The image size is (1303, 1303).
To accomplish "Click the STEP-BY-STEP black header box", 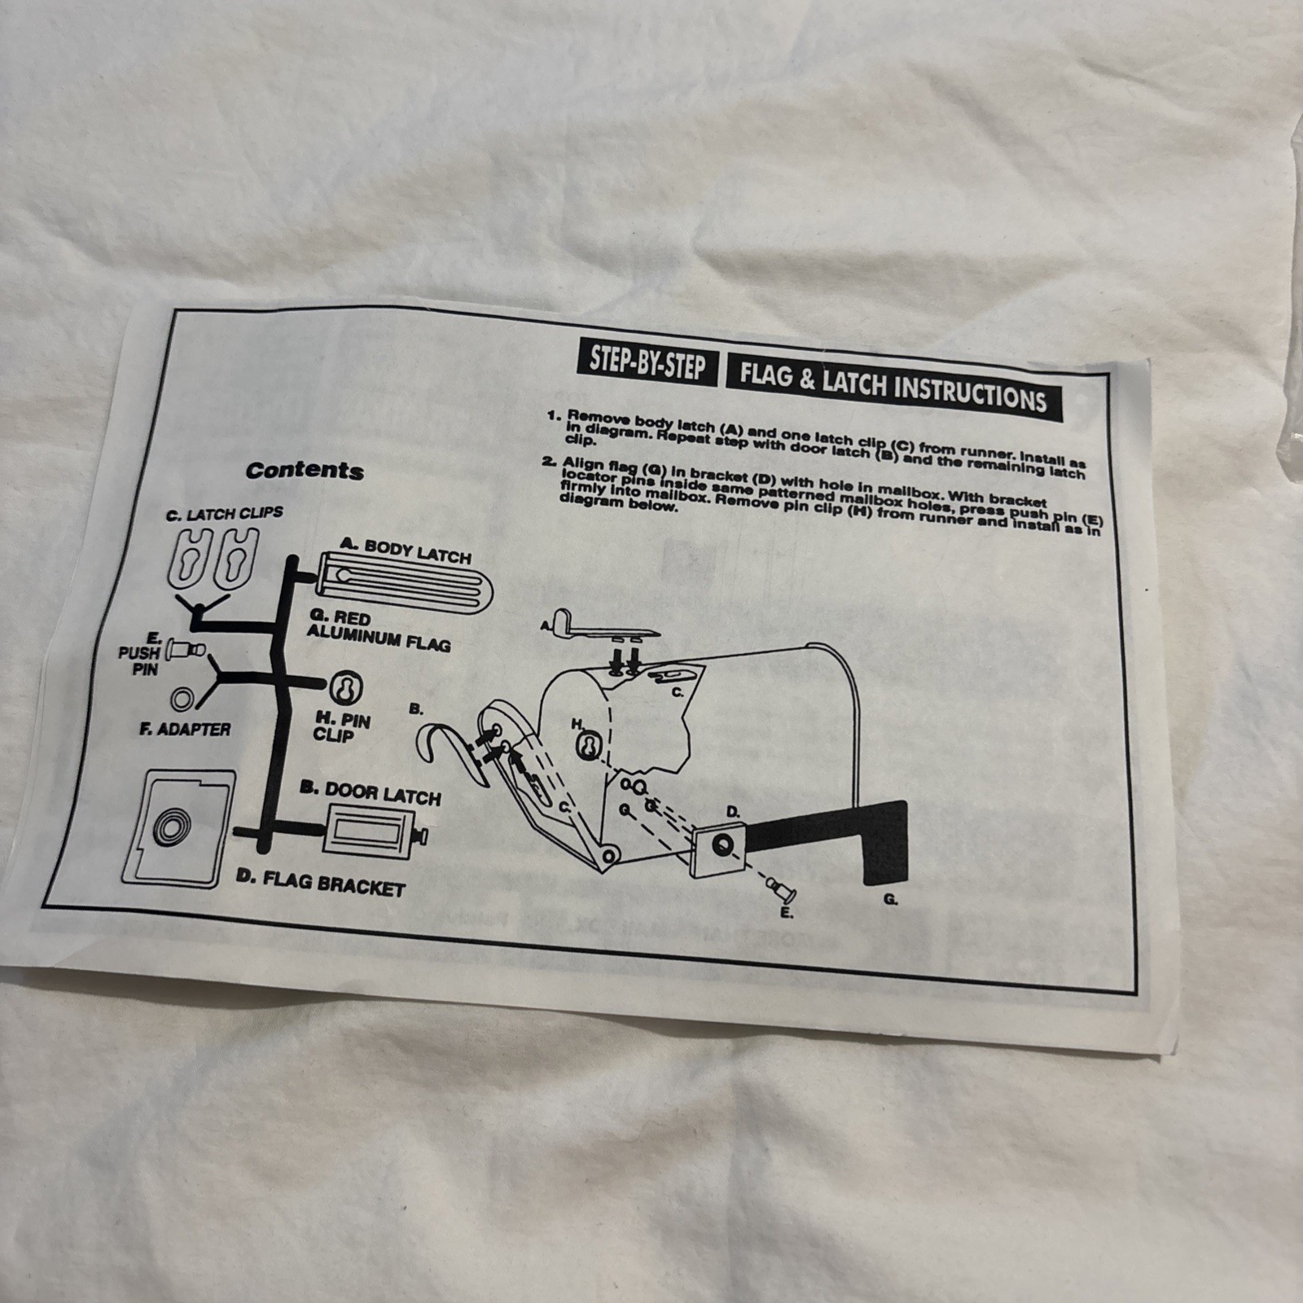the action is tap(647, 364).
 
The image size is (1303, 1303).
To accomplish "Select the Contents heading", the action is tap(305, 470).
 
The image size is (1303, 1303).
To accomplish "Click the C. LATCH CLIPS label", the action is tap(225, 514).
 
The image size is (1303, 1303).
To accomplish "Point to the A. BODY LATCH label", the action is tap(406, 551).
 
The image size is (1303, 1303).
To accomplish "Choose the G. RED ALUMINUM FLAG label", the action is tap(379, 630).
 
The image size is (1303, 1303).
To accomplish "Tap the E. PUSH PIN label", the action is tap(139, 653).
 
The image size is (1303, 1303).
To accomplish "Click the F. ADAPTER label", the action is tap(185, 729).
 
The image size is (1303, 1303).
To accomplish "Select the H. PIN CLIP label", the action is tap(341, 727).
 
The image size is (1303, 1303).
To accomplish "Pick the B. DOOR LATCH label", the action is tap(371, 793).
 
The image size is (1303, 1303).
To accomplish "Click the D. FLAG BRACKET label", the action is tap(320, 881).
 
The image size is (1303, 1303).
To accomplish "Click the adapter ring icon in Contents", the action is tap(182, 699).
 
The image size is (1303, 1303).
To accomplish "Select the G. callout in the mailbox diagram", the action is tap(890, 900).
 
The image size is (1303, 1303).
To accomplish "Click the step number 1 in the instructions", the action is tap(553, 415).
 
